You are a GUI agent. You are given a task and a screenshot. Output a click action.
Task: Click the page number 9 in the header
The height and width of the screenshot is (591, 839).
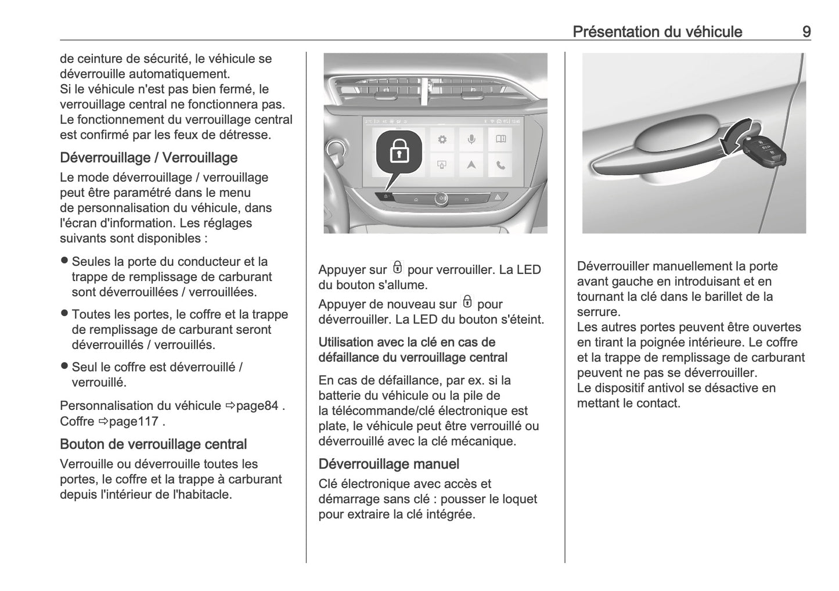(806, 31)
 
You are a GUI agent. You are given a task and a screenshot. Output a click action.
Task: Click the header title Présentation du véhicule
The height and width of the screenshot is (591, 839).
(657, 31)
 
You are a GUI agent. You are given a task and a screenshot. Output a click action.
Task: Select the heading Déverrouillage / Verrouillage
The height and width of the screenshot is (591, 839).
(149, 157)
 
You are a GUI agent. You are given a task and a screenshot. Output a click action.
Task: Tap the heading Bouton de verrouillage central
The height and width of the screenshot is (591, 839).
(153, 444)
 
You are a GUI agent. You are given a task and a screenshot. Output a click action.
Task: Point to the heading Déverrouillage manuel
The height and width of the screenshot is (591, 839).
(388, 464)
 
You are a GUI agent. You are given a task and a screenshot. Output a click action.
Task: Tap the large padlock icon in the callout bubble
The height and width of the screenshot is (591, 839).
(399, 153)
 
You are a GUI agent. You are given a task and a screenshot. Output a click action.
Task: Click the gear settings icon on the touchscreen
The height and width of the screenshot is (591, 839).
(442, 139)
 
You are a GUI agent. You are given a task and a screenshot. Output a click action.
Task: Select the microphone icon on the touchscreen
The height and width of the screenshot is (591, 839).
(471, 139)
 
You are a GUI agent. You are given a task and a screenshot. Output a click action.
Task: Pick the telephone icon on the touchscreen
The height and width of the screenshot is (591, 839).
(500, 165)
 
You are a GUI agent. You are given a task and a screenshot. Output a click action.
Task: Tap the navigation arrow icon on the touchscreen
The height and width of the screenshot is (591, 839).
(471, 165)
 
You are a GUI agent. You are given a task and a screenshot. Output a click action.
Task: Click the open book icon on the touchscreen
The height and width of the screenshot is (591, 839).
(500, 139)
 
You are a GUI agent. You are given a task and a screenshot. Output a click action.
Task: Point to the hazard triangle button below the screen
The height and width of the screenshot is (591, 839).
(498, 198)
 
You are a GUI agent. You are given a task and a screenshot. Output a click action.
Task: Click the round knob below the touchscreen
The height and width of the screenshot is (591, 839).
(441, 198)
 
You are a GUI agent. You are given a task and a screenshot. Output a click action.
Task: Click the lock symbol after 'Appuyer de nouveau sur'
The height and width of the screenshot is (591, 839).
(467, 302)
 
